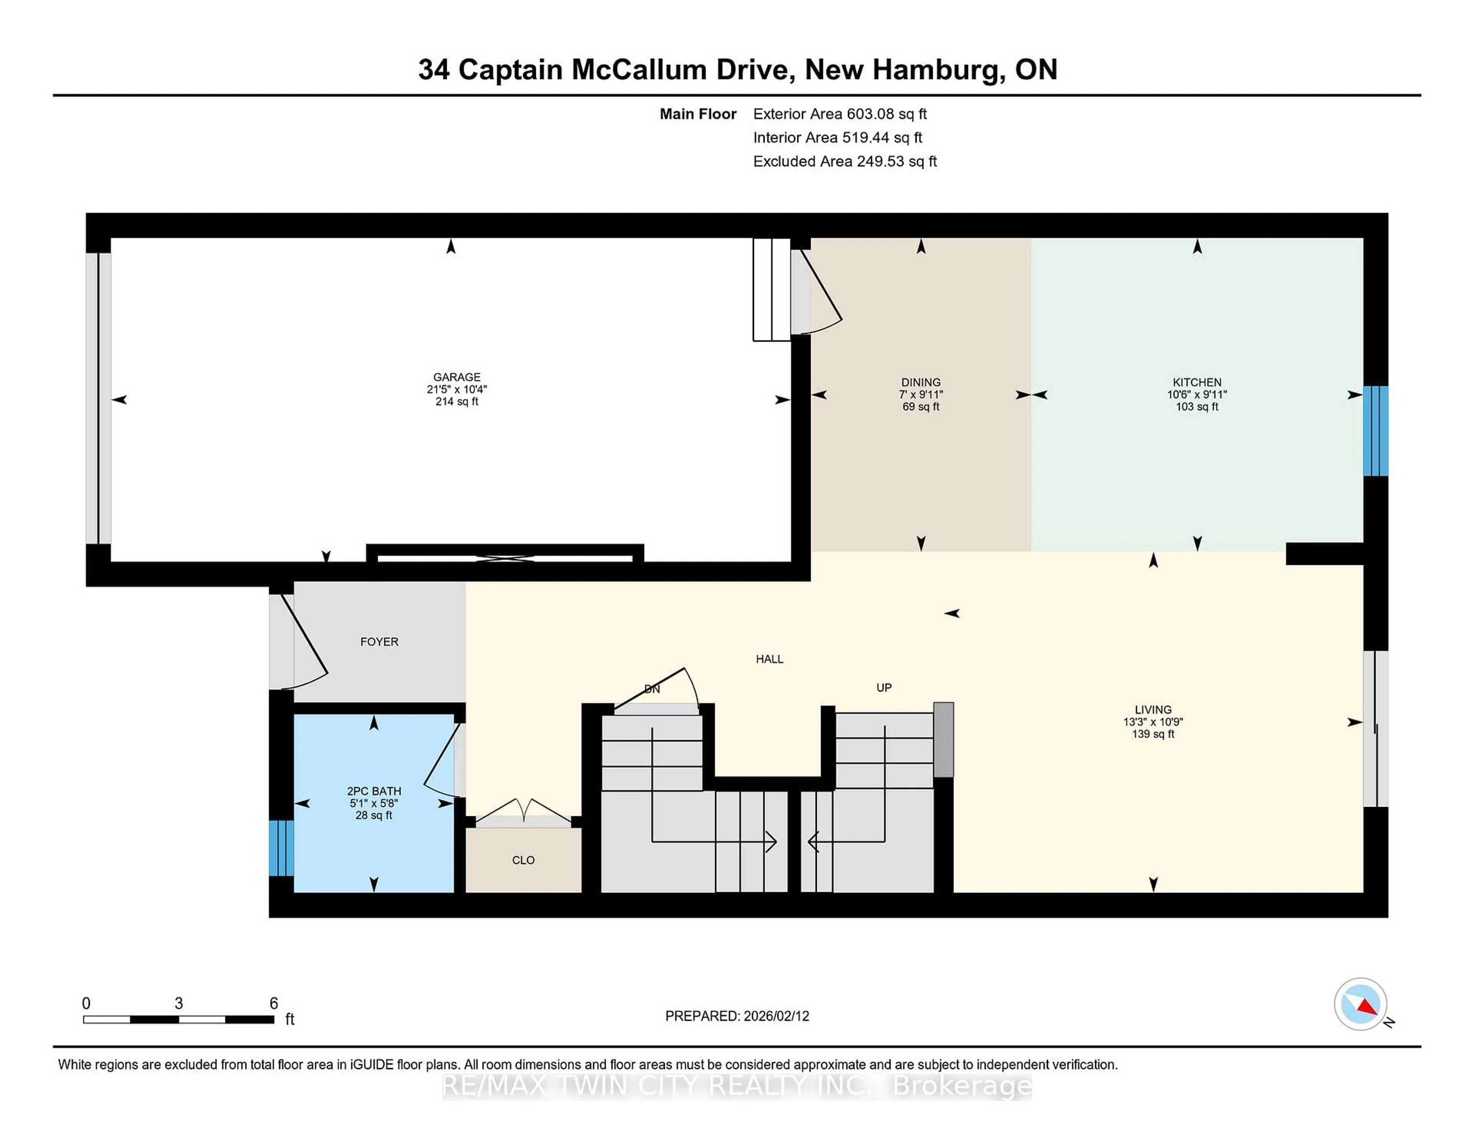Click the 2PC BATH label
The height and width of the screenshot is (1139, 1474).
click(374, 791)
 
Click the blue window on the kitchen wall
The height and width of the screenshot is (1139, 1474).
click(1375, 431)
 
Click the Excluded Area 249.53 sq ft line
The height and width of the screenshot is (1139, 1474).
click(844, 161)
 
